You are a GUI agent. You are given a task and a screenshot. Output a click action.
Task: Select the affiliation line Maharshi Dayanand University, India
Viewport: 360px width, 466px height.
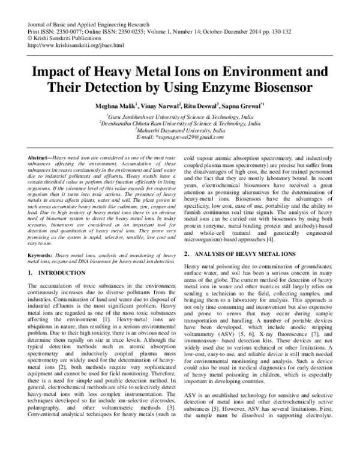[180, 129]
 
